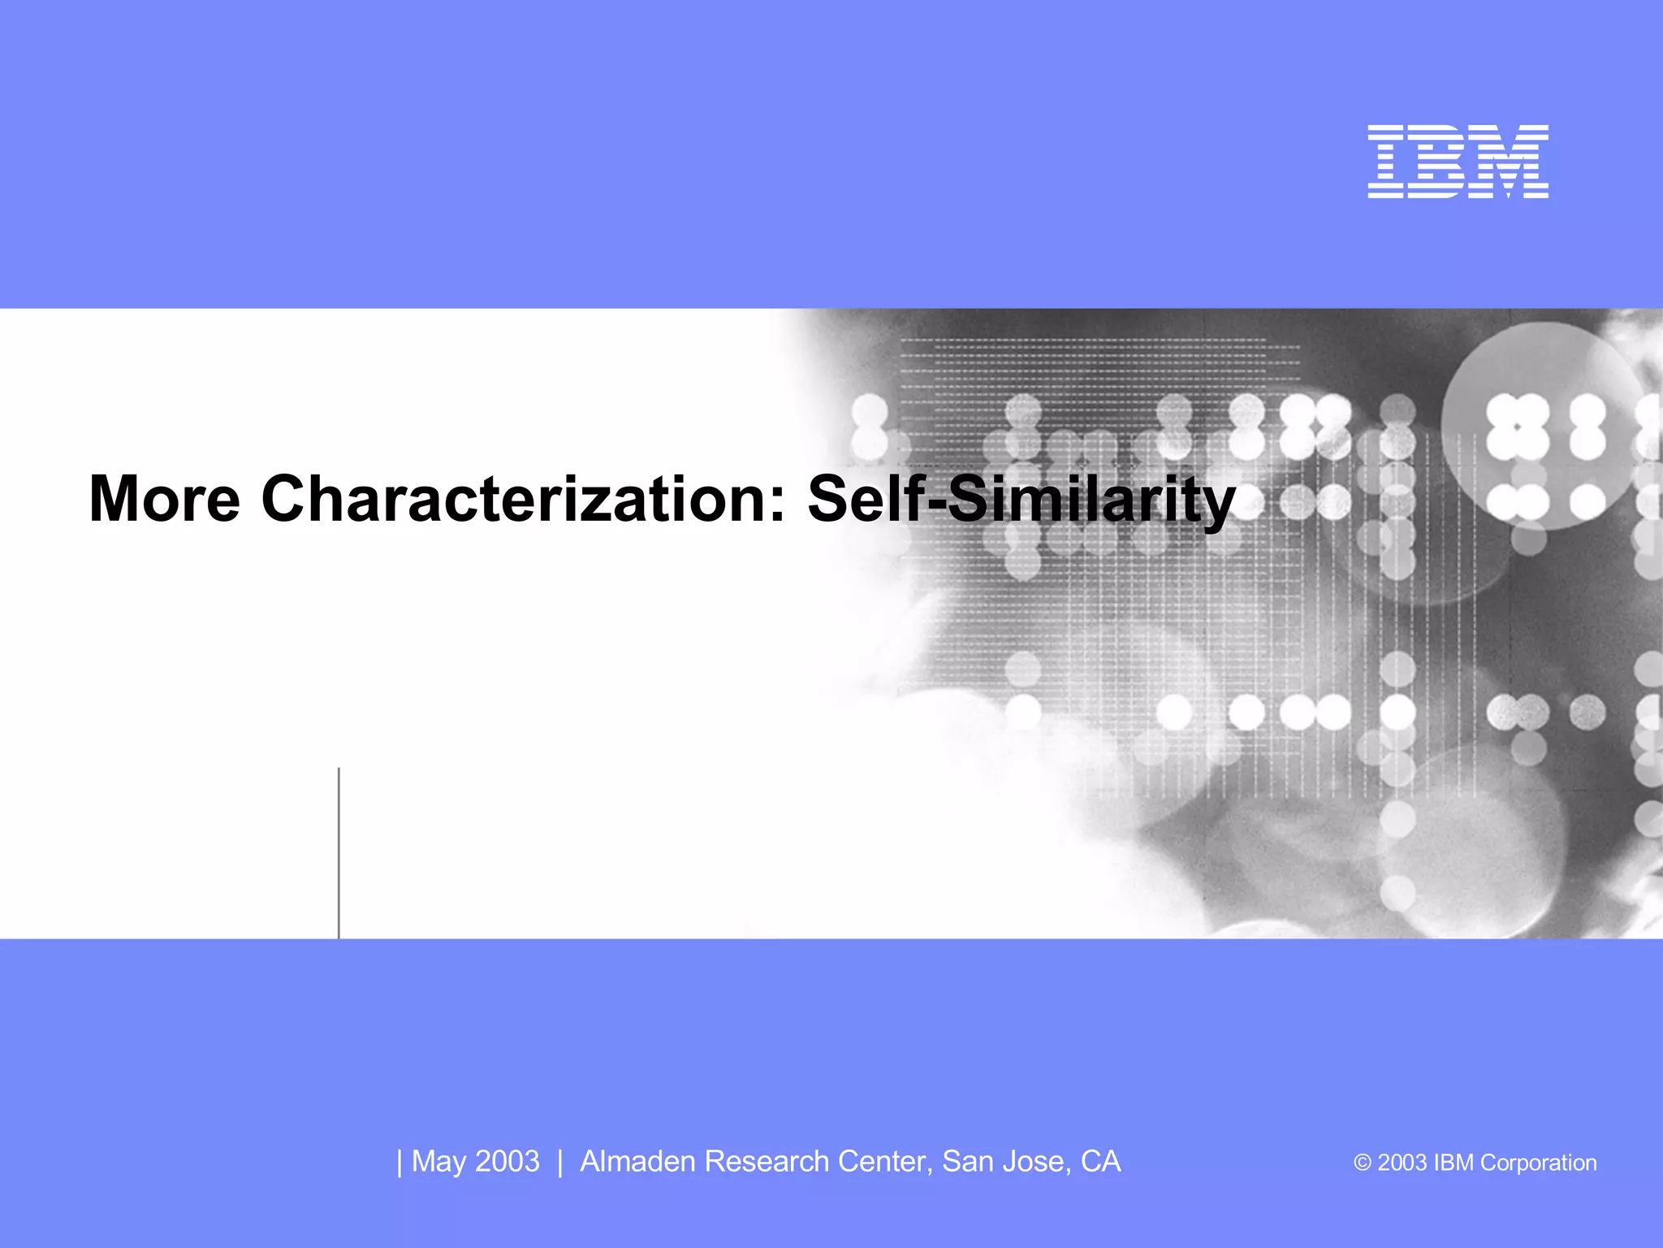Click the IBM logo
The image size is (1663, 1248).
coord(1458,162)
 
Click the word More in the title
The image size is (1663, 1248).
coord(164,499)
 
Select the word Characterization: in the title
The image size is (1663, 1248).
coord(524,499)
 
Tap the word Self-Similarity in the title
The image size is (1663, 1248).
coord(1021,499)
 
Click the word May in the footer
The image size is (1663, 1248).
coord(438,1162)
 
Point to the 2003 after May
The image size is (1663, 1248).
coord(508,1162)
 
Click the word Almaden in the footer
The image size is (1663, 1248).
coord(637,1162)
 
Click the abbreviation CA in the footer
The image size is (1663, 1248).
coord(1100,1162)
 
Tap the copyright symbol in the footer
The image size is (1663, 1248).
coord(1363,1163)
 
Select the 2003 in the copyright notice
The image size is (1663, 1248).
coord(1402,1163)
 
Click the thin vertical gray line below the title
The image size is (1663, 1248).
coord(339,853)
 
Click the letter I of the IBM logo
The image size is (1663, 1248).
coord(1386,162)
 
